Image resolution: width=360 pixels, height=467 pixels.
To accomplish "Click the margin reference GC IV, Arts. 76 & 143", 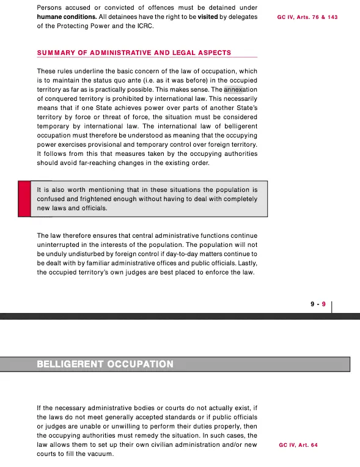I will coord(307,18).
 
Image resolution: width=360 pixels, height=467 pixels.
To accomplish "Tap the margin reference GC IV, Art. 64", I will coord(298,445).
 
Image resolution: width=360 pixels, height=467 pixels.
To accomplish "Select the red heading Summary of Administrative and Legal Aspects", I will coord(134,53).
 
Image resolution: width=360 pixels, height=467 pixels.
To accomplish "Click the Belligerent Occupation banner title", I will coord(105,364).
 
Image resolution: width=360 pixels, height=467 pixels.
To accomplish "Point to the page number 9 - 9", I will coord(319,303).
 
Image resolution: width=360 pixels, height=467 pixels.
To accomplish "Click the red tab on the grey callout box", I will coord(24,199).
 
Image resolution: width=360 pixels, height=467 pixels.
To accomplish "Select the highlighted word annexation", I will coord(241,89).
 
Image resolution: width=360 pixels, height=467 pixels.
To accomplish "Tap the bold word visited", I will coord(209,17).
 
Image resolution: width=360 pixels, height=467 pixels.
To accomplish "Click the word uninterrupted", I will coord(60,245).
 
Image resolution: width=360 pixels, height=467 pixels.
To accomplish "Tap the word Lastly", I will coord(244,263).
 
